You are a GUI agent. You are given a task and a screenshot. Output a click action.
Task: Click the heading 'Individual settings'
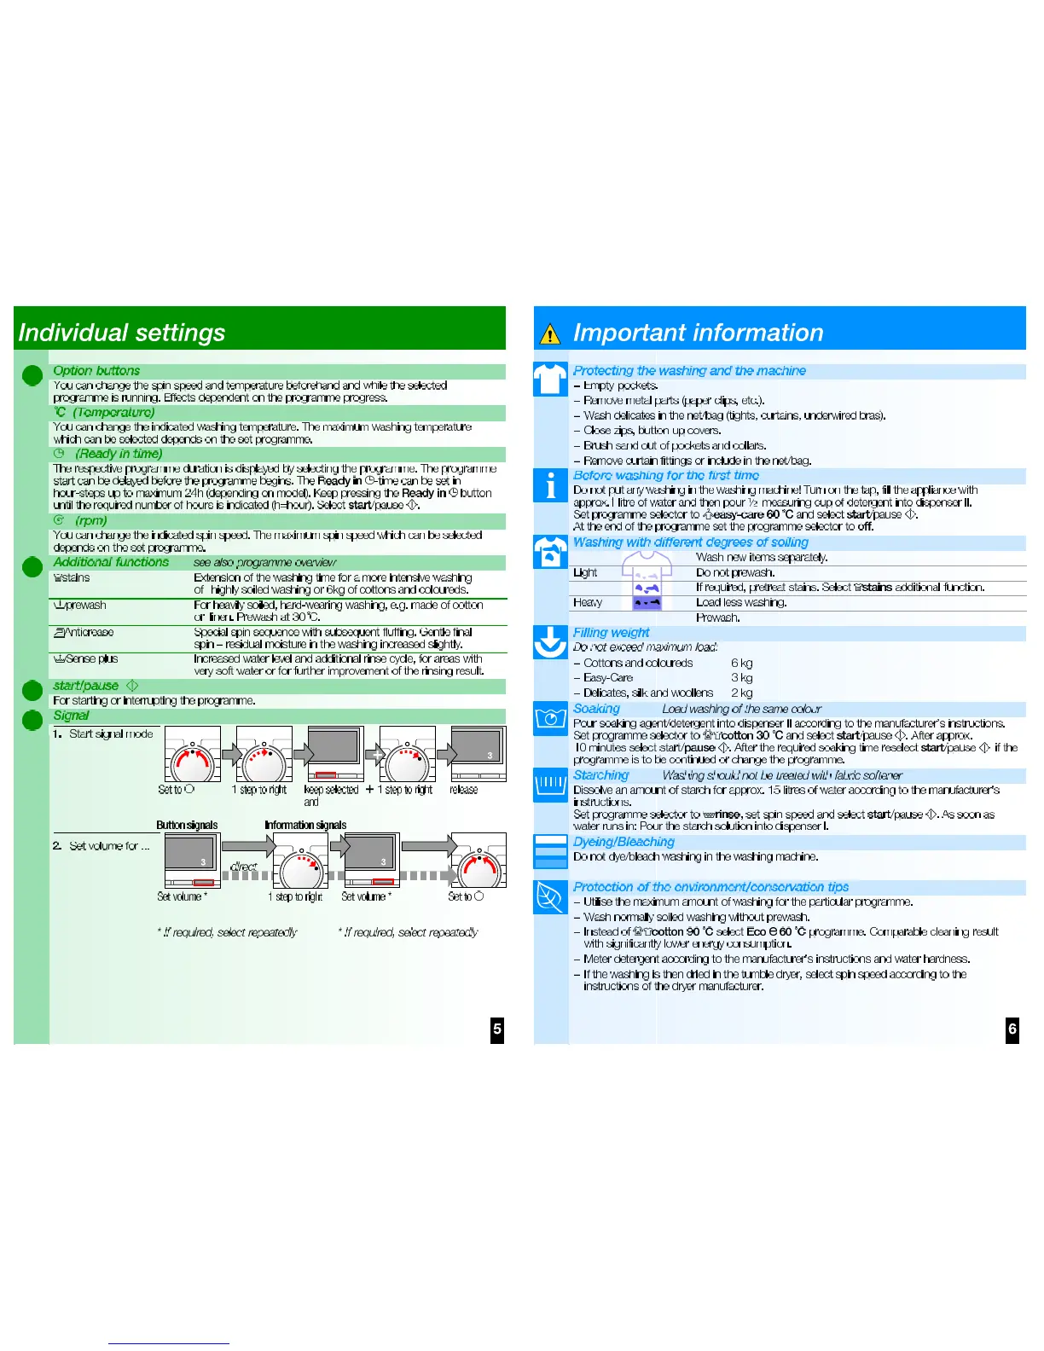pyautogui.click(x=122, y=333)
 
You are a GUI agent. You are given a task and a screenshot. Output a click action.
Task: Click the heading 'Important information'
pyautogui.click(x=698, y=333)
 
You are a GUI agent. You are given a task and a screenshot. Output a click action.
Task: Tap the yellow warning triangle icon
pyautogui.click(x=551, y=334)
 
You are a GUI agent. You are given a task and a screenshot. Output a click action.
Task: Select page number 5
pyautogui.click(x=497, y=1029)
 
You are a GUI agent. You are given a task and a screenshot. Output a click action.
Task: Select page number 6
pyautogui.click(x=1012, y=1029)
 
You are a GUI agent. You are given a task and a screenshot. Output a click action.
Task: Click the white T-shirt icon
pyautogui.click(x=550, y=379)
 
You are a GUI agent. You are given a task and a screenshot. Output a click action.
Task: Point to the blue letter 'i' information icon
pyautogui.click(x=550, y=485)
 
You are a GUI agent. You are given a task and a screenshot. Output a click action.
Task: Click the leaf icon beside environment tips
pyautogui.click(x=550, y=896)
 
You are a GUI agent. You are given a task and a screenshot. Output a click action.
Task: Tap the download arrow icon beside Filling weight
pyautogui.click(x=550, y=641)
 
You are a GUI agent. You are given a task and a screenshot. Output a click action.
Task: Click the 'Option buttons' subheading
pyautogui.click(x=96, y=371)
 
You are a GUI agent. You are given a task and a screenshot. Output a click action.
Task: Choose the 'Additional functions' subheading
pyautogui.click(x=111, y=562)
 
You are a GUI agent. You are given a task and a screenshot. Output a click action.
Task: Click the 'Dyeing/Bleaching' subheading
pyautogui.click(x=623, y=842)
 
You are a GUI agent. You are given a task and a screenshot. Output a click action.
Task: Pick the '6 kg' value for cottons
pyautogui.click(x=741, y=663)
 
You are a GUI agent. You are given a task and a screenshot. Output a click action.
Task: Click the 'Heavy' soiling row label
pyautogui.click(x=588, y=602)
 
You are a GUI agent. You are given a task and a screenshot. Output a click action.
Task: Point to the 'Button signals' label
pyautogui.click(x=187, y=825)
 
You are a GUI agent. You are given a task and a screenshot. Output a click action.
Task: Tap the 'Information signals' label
pyautogui.click(x=305, y=825)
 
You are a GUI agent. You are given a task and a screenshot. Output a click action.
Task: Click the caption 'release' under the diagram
pyautogui.click(x=463, y=790)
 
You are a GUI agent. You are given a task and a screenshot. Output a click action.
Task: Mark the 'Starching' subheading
pyautogui.click(x=600, y=775)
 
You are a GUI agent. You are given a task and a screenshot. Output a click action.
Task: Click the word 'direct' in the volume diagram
pyautogui.click(x=244, y=867)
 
